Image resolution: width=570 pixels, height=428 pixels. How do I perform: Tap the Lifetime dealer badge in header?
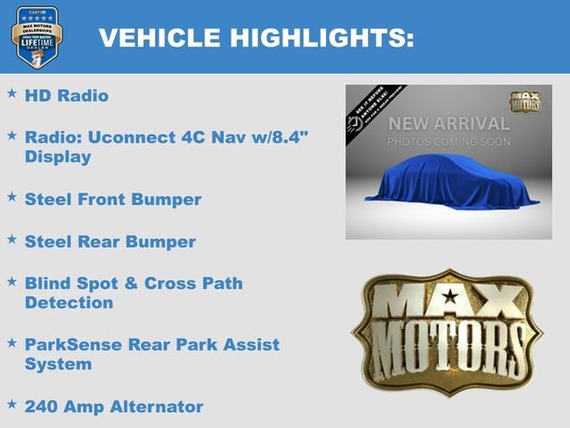pyautogui.click(x=37, y=37)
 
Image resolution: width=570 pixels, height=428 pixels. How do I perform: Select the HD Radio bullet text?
pyautogui.click(x=67, y=95)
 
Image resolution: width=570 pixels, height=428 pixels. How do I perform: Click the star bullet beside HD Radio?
pyautogui.click(x=12, y=93)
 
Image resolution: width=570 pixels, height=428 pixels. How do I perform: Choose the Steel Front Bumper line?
pyautogui.click(x=113, y=199)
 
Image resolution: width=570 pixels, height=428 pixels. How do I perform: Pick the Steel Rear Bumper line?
pyautogui.click(x=110, y=242)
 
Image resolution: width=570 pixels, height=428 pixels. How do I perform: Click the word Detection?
pyautogui.click(x=69, y=303)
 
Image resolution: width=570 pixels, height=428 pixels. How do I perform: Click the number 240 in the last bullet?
pyautogui.click(x=40, y=407)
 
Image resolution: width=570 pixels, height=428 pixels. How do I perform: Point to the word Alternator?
pyautogui.click(x=157, y=407)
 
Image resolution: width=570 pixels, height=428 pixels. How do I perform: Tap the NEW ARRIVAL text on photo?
pyautogui.click(x=449, y=124)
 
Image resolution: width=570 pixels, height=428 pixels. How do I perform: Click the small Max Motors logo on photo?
pyautogui.click(x=525, y=101)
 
